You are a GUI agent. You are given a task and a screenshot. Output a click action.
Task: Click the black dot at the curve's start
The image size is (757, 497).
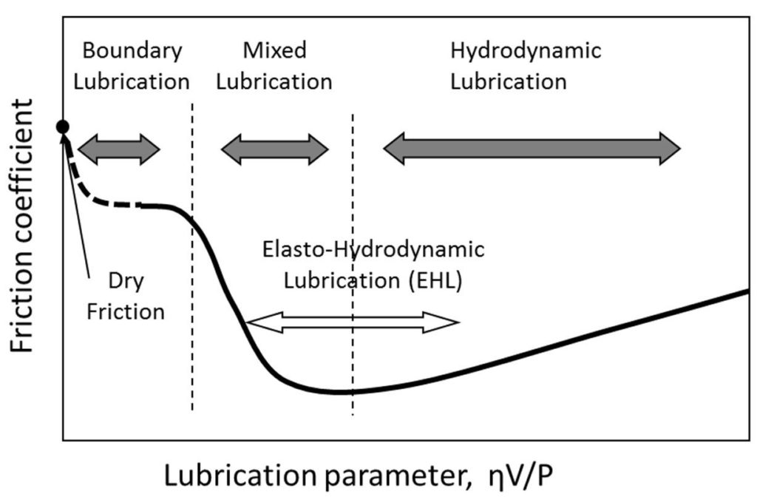(63, 127)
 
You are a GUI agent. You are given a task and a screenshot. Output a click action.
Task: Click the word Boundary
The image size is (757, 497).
(132, 51)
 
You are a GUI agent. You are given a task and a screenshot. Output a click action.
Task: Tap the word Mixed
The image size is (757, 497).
(274, 51)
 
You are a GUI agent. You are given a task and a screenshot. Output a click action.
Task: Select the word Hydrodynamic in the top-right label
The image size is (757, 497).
(526, 51)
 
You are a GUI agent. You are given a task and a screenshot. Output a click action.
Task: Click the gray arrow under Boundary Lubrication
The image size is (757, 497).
(118, 149)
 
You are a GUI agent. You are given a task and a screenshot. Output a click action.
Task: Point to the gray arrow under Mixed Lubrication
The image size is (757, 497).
(274, 149)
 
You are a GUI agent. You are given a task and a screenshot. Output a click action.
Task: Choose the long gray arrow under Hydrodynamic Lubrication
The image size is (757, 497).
(532, 146)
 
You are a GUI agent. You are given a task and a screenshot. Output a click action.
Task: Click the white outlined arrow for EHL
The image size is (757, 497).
(352, 322)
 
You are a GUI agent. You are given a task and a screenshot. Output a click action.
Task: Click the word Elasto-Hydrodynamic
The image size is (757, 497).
(374, 250)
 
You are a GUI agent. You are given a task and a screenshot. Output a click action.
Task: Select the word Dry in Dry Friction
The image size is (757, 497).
(126, 282)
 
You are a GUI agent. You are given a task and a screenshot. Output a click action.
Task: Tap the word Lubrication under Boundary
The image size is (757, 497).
(133, 81)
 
